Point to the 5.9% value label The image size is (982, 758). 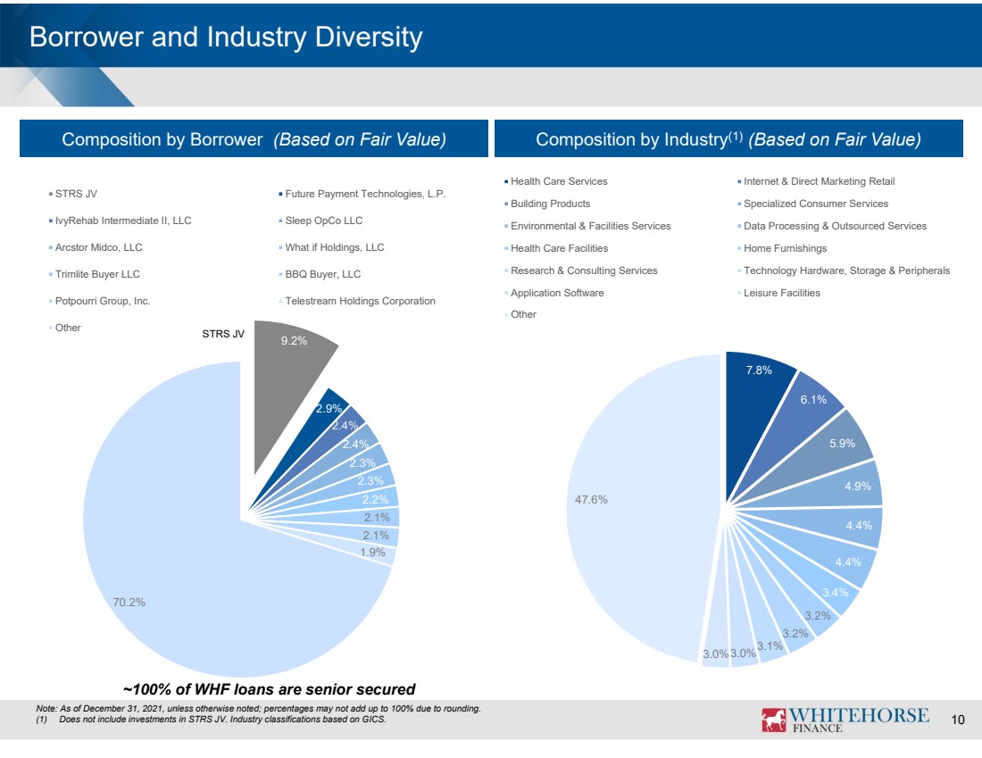pyautogui.click(x=842, y=444)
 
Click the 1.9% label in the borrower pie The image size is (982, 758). pyautogui.click(x=372, y=553)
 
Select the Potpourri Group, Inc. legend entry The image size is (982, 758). pyautogui.click(x=99, y=301)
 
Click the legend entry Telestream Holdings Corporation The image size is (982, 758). pyautogui.click(x=357, y=301)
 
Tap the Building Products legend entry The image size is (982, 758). pyautogui.click(x=546, y=204)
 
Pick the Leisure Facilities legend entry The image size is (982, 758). pyautogui.click(x=778, y=293)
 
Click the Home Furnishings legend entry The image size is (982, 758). pyautogui.click(x=782, y=249)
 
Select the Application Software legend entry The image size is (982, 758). pyautogui.click(x=553, y=293)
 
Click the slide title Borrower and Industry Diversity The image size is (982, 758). pyautogui.click(x=226, y=37)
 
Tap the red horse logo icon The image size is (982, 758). pyautogui.click(x=773, y=720)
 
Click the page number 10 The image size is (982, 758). pyautogui.click(x=958, y=720)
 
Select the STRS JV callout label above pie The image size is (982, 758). pyautogui.click(x=223, y=334)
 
